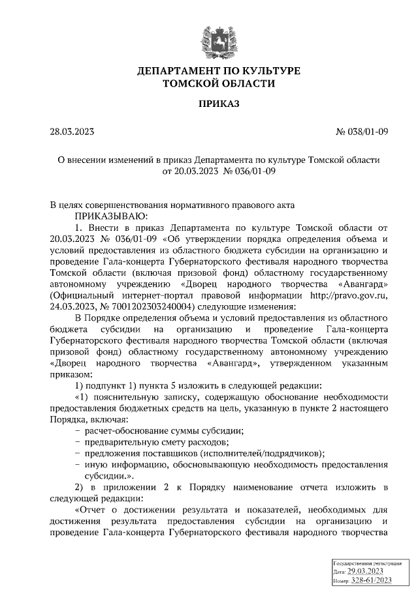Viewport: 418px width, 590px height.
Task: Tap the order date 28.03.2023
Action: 72,132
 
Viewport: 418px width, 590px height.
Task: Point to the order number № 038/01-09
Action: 362,132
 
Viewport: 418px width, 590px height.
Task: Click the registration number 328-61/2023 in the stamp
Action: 372,581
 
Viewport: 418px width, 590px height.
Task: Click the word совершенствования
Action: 134,205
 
